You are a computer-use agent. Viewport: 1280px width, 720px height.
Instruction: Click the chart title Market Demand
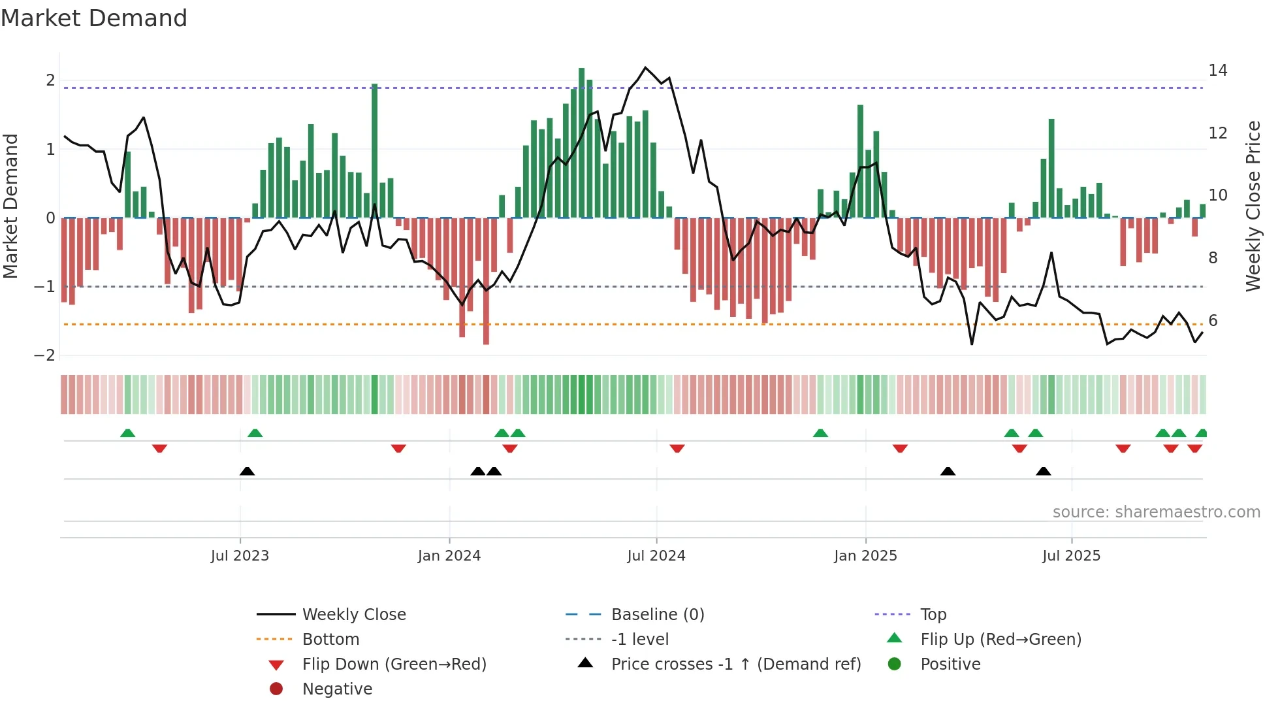(94, 18)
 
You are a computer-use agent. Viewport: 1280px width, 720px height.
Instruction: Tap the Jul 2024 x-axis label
(656, 556)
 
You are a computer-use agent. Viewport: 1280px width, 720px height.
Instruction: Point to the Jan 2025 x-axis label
(865, 556)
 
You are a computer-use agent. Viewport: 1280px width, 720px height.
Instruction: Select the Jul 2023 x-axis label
(240, 556)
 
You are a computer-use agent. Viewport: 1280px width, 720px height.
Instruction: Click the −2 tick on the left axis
(44, 355)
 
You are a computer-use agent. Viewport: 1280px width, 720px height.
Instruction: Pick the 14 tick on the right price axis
(1217, 71)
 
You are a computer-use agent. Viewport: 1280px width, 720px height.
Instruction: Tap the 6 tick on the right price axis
(1213, 321)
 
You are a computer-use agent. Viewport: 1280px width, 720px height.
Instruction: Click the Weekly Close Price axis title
(1253, 206)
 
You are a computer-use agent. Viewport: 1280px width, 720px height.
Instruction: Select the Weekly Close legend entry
(353, 615)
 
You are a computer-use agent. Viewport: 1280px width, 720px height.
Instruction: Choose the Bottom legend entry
(330, 640)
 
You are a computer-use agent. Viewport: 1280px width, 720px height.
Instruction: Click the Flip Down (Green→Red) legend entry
(394, 664)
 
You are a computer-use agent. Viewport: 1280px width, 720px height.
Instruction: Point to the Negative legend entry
(337, 689)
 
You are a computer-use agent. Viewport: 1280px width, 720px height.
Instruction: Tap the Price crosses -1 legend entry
(735, 664)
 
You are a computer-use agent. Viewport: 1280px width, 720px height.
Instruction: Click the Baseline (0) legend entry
(657, 615)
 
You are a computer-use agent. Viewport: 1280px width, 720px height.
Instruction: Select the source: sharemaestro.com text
(1156, 512)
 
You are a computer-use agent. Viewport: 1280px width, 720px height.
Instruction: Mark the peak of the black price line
(645, 67)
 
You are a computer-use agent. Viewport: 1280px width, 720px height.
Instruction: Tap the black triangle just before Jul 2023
(247, 472)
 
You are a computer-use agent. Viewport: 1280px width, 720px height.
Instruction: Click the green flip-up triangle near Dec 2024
(820, 433)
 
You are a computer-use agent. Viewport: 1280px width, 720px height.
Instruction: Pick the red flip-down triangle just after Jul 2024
(677, 448)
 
